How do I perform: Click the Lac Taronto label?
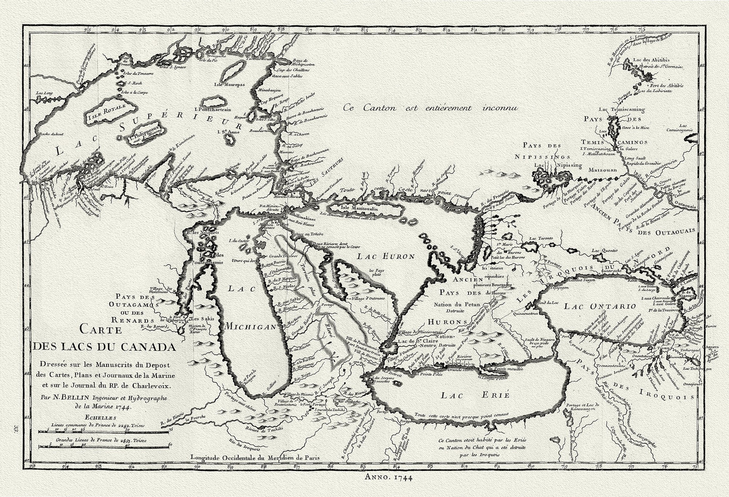[541, 237]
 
